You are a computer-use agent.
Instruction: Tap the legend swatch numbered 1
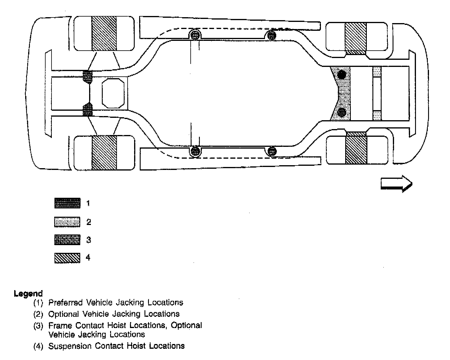point(67,203)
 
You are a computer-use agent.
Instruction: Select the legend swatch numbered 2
point(67,222)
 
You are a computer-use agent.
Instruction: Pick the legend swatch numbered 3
point(67,240)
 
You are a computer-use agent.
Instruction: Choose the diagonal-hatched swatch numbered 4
point(67,258)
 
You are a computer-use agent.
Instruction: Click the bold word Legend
point(28,294)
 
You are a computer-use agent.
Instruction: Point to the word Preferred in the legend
point(66,303)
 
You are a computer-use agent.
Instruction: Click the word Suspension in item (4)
point(70,346)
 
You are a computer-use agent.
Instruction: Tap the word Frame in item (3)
point(60,325)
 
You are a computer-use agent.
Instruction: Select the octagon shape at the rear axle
point(113,93)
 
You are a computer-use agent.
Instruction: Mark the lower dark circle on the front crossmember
point(342,112)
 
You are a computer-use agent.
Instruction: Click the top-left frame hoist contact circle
point(195,36)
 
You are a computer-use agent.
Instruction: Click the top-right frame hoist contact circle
point(271,36)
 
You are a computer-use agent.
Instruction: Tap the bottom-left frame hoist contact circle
point(195,151)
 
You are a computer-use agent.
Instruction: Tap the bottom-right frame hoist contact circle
point(272,151)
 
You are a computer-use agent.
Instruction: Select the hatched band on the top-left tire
point(104,33)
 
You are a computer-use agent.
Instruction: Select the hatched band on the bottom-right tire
point(356,150)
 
